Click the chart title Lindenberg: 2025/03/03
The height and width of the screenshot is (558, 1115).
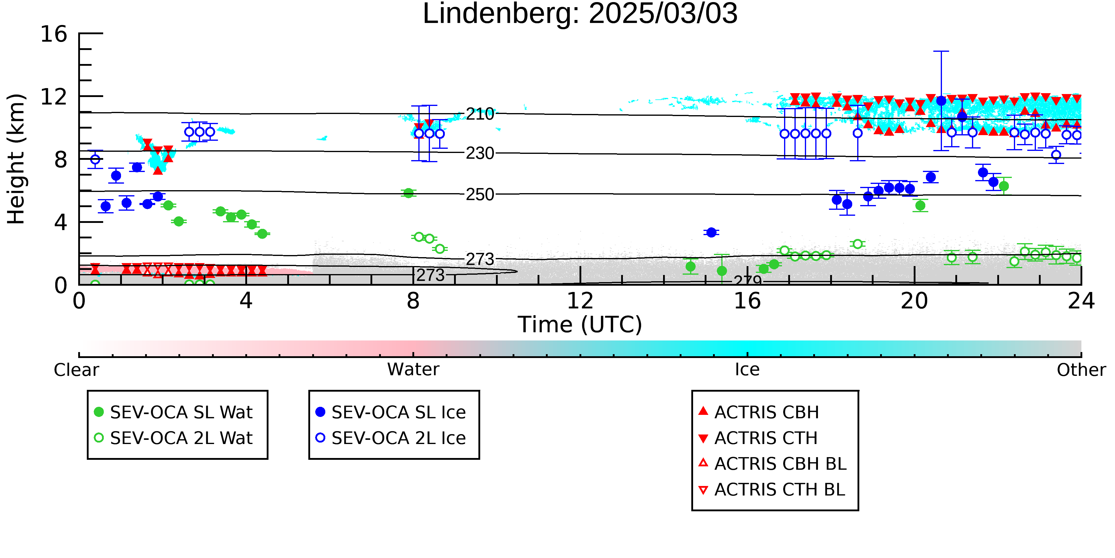pos(580,14)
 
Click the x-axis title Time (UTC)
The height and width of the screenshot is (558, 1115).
pos(580,324)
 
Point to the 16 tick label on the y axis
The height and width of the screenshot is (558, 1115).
pos(54,34)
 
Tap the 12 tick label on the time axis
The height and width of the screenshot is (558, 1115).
pos(580,301)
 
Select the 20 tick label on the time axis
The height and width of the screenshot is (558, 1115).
pos(914,301)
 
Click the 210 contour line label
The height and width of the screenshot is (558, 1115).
pos(480,114)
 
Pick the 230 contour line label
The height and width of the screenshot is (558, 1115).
pos(480,153)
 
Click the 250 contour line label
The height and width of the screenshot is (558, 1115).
pos(480,195)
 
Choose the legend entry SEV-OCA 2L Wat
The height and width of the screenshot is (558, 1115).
pos(173,438)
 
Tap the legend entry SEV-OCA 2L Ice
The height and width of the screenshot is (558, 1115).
pos(391,438)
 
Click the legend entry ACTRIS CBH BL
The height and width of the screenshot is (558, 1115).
pos(773,464)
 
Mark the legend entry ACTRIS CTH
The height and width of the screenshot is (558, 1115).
pos(758,438)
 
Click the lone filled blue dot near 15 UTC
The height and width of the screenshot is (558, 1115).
pos(711,233)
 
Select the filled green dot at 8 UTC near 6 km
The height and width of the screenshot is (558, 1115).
pos(408,193)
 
